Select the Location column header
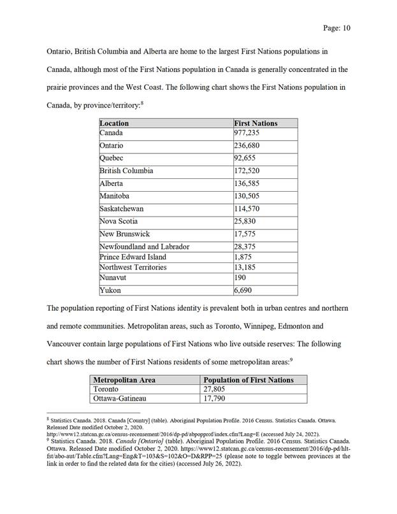(x=115, y=123)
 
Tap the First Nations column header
(x=256, y=123)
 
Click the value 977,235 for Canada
(x=247, y=133)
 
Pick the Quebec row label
(x=112, y=158)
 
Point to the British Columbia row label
(x=127, y=171)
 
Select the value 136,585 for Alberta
(x=247, y=183)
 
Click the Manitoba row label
(x=115, y=196)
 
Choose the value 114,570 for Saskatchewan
(x=247, y=208)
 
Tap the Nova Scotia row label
(x=119, y=221)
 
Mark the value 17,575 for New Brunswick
(x=245, y=234)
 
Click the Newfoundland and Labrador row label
(x=145, y=246)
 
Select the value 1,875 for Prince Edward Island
(x=243, y=257)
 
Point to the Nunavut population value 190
(x=240, y=278)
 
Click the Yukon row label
(x=110, y=290)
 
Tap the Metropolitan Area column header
(x=124, y=380)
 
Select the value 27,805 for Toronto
(x=215, y=389)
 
